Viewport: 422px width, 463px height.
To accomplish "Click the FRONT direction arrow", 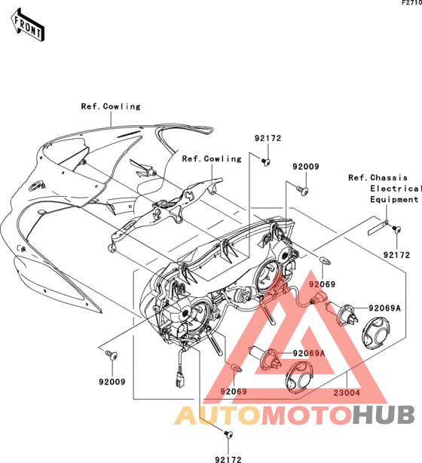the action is coord(27,26).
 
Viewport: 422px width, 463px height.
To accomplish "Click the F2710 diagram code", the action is coord(412,3).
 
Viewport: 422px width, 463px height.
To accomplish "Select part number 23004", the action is coord(347,393).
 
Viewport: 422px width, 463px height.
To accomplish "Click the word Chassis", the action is coord(389,178).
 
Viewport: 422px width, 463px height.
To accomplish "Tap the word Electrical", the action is coord(396,189).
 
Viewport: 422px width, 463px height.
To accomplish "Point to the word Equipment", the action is coord(394,200).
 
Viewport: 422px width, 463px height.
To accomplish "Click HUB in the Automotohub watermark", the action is coord(384,415).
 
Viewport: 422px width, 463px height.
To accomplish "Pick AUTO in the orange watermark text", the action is coord(218,415).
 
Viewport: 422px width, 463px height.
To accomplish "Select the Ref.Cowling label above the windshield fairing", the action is coord(111,106).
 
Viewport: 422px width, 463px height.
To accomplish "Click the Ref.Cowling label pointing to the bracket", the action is coord(212,159).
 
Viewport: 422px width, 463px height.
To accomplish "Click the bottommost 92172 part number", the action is coord(228,459).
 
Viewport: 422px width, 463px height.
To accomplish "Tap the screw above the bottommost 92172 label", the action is coord(228,434).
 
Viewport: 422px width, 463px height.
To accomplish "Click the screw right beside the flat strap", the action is coord(396,228).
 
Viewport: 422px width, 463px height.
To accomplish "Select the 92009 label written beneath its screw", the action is coord(112,382).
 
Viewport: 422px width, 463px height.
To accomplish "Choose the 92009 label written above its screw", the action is coord(306,167).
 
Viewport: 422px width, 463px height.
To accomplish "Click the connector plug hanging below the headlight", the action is coord(179,380).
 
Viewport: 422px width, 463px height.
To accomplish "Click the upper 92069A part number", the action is coord(385,308).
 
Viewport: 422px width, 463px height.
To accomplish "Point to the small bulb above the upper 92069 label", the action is coord(326,260).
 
